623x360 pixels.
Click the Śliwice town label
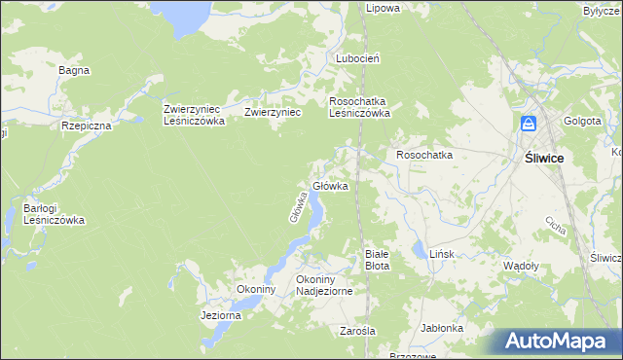pyautogui.click(x=545, y=158)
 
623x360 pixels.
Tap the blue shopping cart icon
pyautogui.click(x=529, y=125)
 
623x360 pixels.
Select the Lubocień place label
pyautogui.click(x=357, y=58)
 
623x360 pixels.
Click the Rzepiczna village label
pyautogui.click(x=87, y=126)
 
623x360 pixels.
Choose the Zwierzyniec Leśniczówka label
pyautogui.click(x=195, y=116)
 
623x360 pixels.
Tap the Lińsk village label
pyautogui.click(x=442, y=254)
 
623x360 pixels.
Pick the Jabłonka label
pyautogui.click(x=442, y=328)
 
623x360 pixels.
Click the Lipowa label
pyautogui.click(x=383, y=8)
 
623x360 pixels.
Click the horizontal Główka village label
pyautogui.click(x=330, y=186)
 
